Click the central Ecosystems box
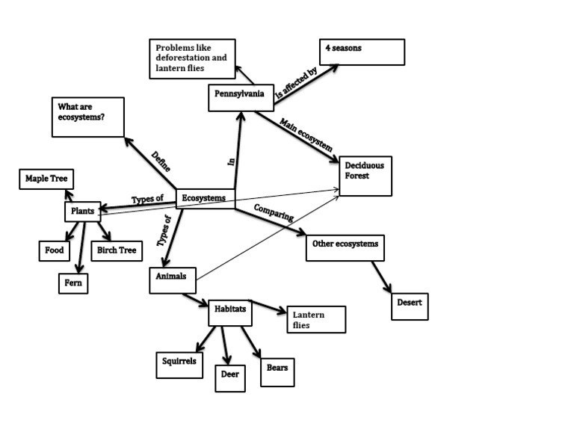[205, 199]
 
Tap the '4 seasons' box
[362, 52]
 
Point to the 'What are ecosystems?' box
[87, 117]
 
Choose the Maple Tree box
[47, 179]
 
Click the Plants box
[82, 212]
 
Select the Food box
[55, 250]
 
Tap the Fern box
[74, 283]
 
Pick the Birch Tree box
[116, 250]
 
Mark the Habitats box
[229, 313]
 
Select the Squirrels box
[179, 364]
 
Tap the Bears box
[277, 371]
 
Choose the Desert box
[410, 306]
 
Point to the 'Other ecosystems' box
[345, 247]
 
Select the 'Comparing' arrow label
[274, 212]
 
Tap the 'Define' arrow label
[160, 161]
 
